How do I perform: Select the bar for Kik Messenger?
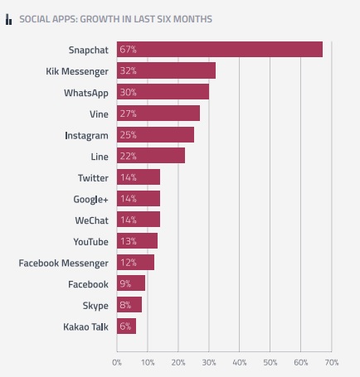tap(166, 70)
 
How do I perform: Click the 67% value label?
tap(128, 49)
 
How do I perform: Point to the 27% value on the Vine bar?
tap(128, 113)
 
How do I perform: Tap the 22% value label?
tap(128, 156)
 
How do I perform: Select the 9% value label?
tap(126, 284)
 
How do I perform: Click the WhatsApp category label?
tap(86, 92)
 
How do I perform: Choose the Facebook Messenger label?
tap(64, 263)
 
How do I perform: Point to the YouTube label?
tap(91, 241)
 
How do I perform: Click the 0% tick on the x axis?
tap(117, 362)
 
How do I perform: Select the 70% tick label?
tap(332, 362)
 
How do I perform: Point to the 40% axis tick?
tap(240, 362)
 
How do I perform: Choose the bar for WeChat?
tap(139, 220)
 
